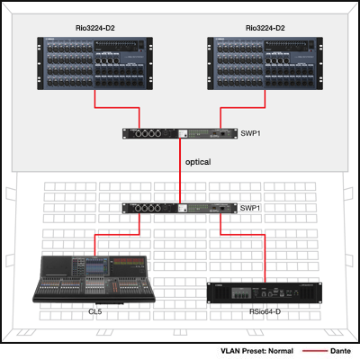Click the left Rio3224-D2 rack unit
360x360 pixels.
pos(94,63)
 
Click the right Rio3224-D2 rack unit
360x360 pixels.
pos(265,63)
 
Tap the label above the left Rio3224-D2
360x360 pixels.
pos(95,28)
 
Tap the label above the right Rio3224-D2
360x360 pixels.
pos(265,28)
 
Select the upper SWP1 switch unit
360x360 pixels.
pos(180,133)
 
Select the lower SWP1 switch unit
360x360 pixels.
pos(180,208)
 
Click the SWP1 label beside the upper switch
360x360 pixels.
pos(250,133)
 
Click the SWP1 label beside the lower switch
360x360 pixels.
pos(250,208)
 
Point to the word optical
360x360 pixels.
pos(198,162)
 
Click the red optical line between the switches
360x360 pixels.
pos(180,171)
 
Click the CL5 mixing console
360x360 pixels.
pos(94,280)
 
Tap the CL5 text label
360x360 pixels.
pos(95,311)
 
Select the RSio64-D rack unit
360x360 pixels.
pos(265,292)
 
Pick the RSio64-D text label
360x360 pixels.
pos(265,311)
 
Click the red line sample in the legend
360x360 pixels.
pos(315,351)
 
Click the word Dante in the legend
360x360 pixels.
pos(340,351)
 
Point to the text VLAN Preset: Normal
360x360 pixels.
pos(256,351)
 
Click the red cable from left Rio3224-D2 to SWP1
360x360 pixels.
pos(117,107)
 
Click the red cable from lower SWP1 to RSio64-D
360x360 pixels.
pos(243,235)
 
